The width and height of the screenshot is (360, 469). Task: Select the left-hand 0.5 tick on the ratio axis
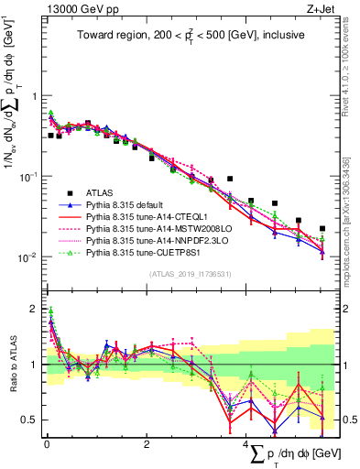[x=29, y=420]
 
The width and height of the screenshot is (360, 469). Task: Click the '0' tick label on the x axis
[x=46, y=443]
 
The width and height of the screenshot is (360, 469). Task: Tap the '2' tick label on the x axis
[x=147, y=443]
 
